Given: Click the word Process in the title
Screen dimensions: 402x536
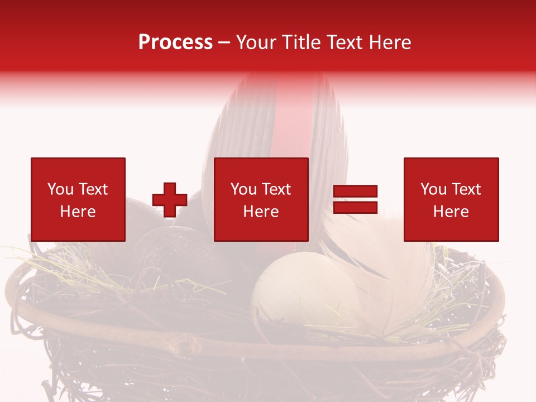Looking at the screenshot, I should (x=175, y=42).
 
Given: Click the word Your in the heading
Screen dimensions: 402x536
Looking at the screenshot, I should (x=258, y=42).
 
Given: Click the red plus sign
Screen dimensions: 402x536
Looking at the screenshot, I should (x=170, y=199).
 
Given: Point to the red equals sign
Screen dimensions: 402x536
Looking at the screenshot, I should (x=356, y=199).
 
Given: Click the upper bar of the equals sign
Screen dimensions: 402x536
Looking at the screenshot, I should (x=356, y=192).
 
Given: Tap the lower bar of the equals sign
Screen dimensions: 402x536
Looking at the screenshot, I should (x=356, y=207).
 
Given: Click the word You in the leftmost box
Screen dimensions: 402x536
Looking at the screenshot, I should (x=60, y=189).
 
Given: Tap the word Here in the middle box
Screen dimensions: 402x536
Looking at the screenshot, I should (x=261, y=212).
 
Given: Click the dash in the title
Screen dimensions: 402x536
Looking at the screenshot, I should (x=224, y=43).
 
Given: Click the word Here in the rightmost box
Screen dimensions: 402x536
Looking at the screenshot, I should (x=451, y=212).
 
